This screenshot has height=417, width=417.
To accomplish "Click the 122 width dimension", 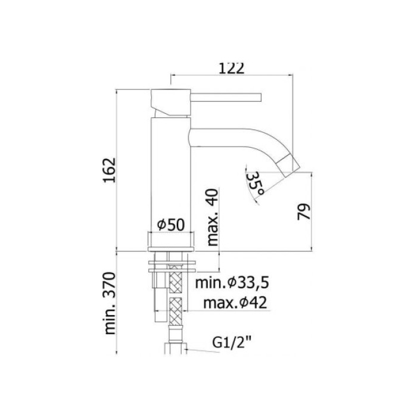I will (x=232, y=69).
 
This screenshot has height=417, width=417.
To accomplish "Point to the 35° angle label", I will (x=254, y=181).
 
